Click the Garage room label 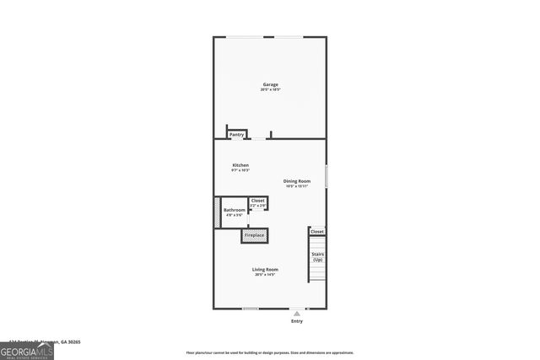(x=270, y=84)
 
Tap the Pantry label (x=237, y=134)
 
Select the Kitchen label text (x=240, y=165)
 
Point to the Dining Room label (x=297, y=181)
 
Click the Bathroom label (x=235, y=210)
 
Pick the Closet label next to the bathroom (x=258, y=201)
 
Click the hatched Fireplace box (x=255, y=235)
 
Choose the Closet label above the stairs (x=317, y=231)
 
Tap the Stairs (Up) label (x=317, y=256)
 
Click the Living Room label (x=266, y=270)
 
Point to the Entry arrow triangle (x=296, y=312)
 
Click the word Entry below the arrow (x=296, y=321)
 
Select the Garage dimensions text (x=270, y=89)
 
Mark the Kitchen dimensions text (x=240, y=170)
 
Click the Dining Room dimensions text (x=297, y=186)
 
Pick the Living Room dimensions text (x=266, y=275)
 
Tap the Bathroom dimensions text (x=235, y=215)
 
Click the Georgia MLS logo (x=27, y=350)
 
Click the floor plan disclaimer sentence (x=270, y=353)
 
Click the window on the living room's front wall (x=251, y=308)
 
